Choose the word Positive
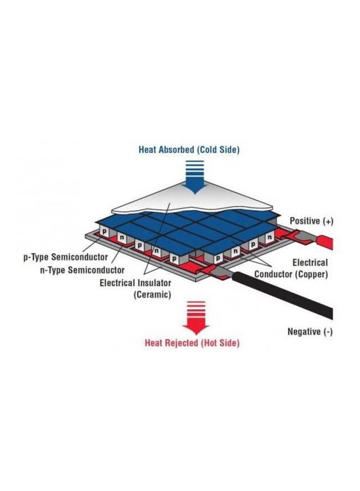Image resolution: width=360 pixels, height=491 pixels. [x=304, y=221]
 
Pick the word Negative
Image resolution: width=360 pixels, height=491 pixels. [x=304, y=332]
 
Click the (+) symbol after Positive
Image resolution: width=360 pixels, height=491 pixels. [x=328, y=221]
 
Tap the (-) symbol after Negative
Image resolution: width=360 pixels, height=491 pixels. [x=328, y=332]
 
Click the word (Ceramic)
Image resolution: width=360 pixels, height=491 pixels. [x=153, y=295]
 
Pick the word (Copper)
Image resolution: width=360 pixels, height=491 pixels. [x=313, y=274]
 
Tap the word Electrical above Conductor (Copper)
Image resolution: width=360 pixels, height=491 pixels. [x=310, y=262]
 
